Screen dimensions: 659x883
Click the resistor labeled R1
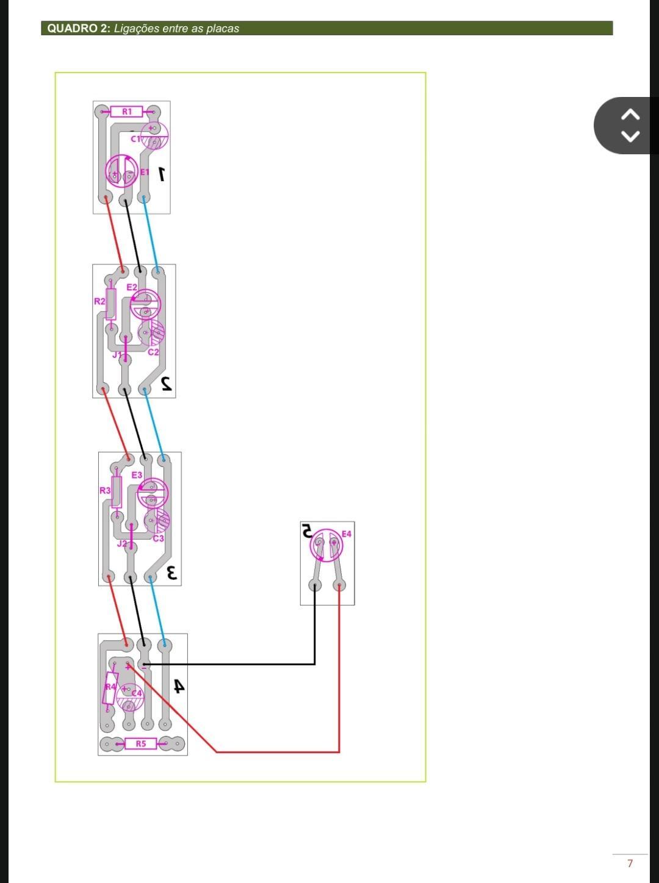[126, 112]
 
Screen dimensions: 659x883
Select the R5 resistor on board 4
[140, 743]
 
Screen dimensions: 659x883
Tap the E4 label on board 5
[346, 534]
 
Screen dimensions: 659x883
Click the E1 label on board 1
[145, 172]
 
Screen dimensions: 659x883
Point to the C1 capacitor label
[135, 139]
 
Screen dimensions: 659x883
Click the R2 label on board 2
[99, 301]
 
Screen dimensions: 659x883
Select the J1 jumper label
[117, 355]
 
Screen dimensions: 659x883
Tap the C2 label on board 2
[153, 352]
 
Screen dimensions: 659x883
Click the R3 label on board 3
[105, 490]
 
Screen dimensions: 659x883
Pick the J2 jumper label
[122, 544]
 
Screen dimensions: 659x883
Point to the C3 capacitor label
[158, 538]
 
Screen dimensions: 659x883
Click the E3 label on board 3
[137, 475]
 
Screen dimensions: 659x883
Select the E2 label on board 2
[132, 287]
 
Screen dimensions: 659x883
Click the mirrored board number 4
[179, 686]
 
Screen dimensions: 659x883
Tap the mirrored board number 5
[307, 531]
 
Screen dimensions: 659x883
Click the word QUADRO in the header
[73, 29]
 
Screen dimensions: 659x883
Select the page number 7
[630, 863]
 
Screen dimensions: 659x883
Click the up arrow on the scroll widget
[630, 115]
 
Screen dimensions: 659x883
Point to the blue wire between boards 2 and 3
[154, 425]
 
